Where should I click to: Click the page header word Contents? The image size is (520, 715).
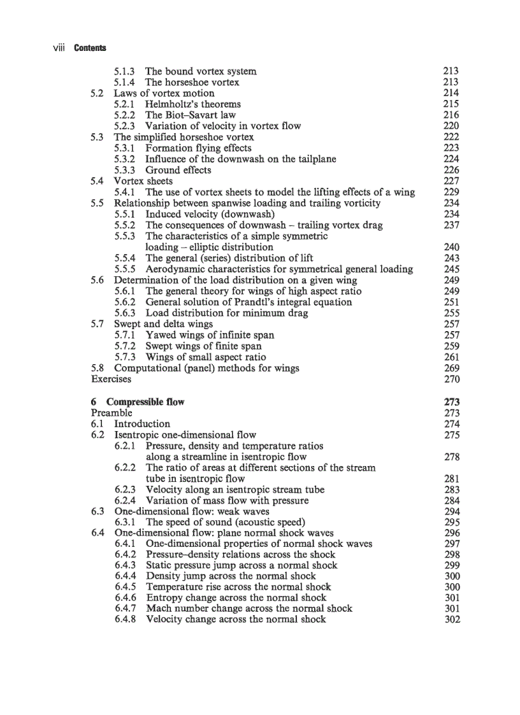click(90, 48)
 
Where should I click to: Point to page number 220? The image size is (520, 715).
click(451, 126)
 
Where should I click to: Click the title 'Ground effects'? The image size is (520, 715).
click(178, 170)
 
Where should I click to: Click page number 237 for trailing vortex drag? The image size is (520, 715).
click(451, 225)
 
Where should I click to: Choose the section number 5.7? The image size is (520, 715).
click(97, 324)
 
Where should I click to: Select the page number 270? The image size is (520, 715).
click(451, 379)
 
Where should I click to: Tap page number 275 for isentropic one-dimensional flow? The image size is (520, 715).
click(451, 435)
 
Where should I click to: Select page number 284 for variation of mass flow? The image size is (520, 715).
click(451, 500)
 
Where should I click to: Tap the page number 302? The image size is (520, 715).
click(451, 619)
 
